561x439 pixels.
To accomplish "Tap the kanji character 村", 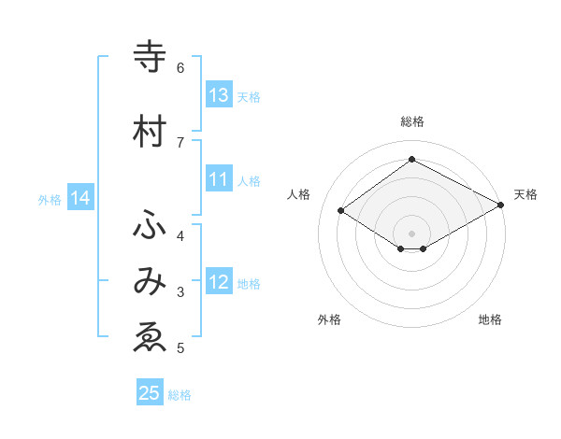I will (x=150, y=133).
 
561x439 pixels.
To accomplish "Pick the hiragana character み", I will (x=150, y=283).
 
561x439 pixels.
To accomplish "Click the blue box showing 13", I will (x=219, y=95).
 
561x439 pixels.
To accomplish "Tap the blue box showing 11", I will (x=219, y=179).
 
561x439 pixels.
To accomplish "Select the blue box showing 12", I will (x=219, y=282).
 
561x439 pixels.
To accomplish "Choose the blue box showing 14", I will (x=80, y=198).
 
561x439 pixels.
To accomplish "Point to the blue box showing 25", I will (x=150, y=393).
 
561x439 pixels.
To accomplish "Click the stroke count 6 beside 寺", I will (x=180, y=68).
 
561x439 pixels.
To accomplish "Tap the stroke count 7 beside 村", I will (x=180, y=141).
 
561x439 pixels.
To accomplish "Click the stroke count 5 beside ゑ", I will (x=180, y=348).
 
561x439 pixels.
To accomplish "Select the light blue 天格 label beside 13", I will (x=249, y=96).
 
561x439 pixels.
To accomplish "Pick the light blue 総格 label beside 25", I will (x=180, y=395).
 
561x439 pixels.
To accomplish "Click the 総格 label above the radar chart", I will (x=411, y=121).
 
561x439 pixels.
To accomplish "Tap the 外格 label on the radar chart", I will (x=329, y=319).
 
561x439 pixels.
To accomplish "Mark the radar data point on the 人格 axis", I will (x=341, y=211).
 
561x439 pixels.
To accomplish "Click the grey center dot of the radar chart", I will (x=411, y=233).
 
